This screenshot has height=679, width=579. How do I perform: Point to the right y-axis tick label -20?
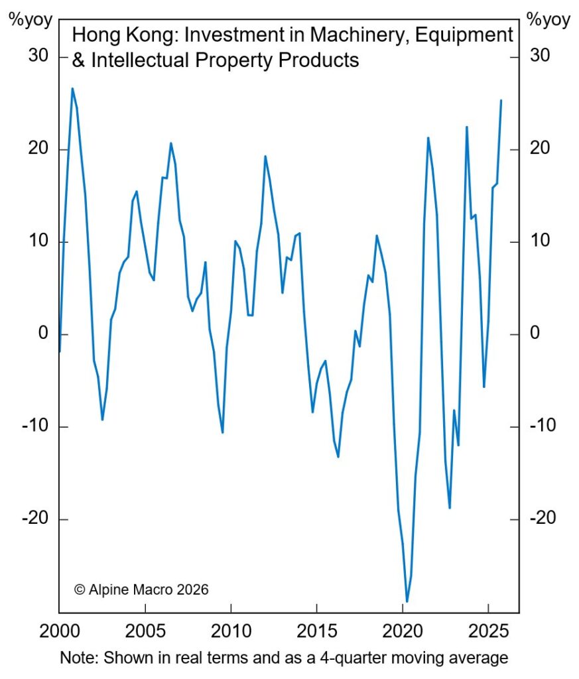pos(543,519)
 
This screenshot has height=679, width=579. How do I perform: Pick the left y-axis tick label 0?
pos(42,334)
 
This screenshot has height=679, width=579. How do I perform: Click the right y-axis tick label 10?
pos(541,241)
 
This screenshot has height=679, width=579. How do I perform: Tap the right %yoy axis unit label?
pos(548,19)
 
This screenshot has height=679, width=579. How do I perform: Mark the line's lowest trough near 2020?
pos(407,601)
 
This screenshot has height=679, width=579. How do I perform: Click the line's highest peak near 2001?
pos(72,88)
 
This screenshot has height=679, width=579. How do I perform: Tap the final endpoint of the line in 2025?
pos(501,100)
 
